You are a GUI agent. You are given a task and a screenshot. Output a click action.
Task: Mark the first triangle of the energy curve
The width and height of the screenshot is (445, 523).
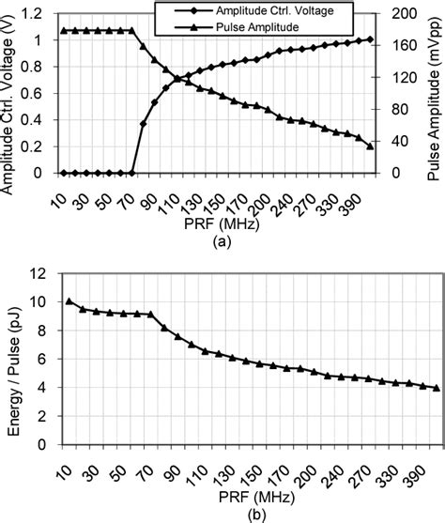[69, 301]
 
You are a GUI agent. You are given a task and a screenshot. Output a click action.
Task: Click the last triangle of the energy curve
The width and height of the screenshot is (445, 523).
[384, 387]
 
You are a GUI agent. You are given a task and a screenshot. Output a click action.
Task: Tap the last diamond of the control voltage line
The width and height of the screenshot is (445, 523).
[370, 39]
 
